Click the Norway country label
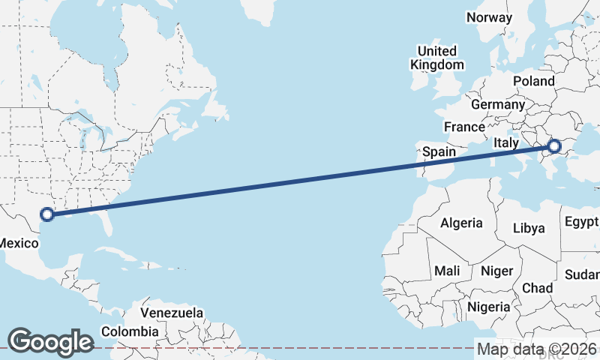tap(489, 17)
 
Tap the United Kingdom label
tap(436, 58)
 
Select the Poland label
tap(533, 81)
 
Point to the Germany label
tap(497, 104)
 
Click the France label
tap(464, 127)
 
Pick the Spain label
tap(439, 151)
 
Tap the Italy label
tap(507, 142)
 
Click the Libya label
tap(529, 229)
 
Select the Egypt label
tap(582, 222)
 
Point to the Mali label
tap(447, 271)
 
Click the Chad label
tap(537, 288)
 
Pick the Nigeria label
tap(488, 307)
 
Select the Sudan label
tap(582, 274)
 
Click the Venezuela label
tap(172, 312)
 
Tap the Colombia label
tap(130, 331)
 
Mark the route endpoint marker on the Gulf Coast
tap(47, 214)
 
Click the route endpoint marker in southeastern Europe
tap(555, 146)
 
